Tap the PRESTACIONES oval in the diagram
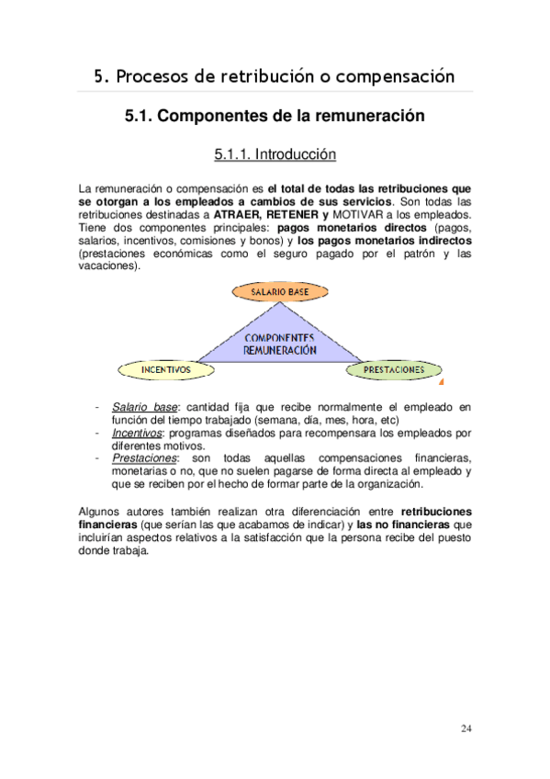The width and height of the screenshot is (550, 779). [x=393, y=370]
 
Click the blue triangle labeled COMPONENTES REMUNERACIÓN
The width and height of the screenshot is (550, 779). [x=279, y=344]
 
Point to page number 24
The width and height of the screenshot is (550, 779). [x=466, y=729]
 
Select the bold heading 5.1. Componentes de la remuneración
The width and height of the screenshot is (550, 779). [x=275, y=118]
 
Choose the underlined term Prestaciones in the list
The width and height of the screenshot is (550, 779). [x=143, y=457]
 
